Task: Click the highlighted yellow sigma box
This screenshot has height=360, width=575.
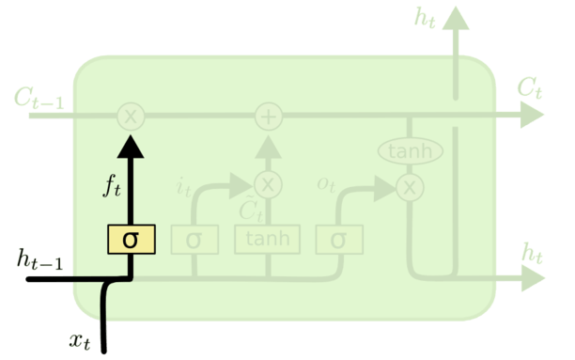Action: (x=131, y=240)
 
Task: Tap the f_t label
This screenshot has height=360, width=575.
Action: (x=113, y=185)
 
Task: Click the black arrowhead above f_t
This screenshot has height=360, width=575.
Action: (x=131, y=146)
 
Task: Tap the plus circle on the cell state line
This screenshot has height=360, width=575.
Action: (x=269, y=117)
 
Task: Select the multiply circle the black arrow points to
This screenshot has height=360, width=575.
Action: (x=131, y=117)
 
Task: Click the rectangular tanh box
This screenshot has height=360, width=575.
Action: (x=268, y=240)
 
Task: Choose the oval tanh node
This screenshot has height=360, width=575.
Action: (x=409, y=150)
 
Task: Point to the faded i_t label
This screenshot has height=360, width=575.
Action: (x=183, y=185)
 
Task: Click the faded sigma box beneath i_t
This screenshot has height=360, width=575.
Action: (x=194, y=240)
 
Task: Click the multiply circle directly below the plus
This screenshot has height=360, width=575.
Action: (x=269, y=182)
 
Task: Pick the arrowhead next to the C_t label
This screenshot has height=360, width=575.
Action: (x=533, y=117)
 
